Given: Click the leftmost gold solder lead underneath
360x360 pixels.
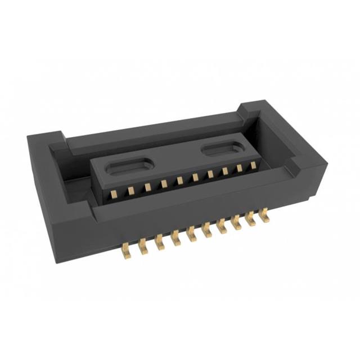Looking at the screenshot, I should tap(127, 251).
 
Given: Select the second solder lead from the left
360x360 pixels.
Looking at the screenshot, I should tap(143, 247).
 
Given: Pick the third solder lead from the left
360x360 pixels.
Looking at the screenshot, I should tap(160, 242).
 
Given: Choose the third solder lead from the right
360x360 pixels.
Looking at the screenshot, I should tap(236, 222).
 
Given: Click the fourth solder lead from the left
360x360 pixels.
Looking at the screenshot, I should tap(176, 238).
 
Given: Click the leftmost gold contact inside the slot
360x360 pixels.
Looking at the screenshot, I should tap(114, 194).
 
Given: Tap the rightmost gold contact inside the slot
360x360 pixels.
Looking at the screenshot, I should tap(253, 165).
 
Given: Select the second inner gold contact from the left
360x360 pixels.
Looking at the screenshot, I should tap(130, 191).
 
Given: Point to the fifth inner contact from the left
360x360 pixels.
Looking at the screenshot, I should tap(179, 181).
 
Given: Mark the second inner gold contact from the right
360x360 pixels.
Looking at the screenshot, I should tap(239, 168).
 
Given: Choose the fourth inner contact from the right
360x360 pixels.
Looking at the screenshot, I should tap(210, 174).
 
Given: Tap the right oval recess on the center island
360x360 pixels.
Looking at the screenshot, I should tap(223, 148).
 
